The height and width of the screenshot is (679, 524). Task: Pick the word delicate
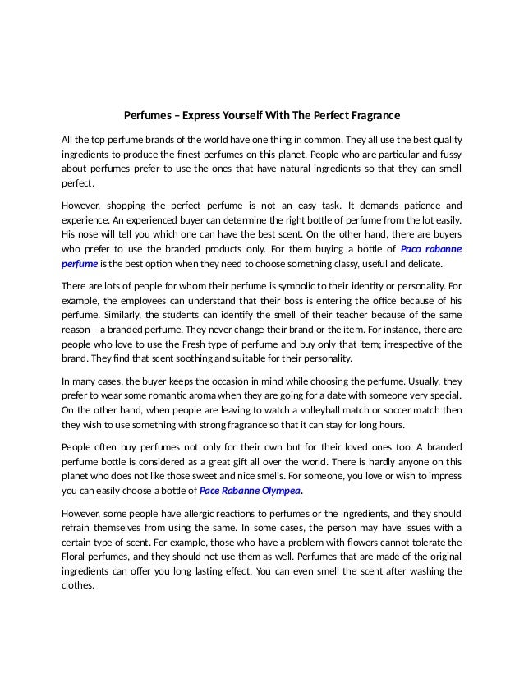[x=421, y=265]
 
